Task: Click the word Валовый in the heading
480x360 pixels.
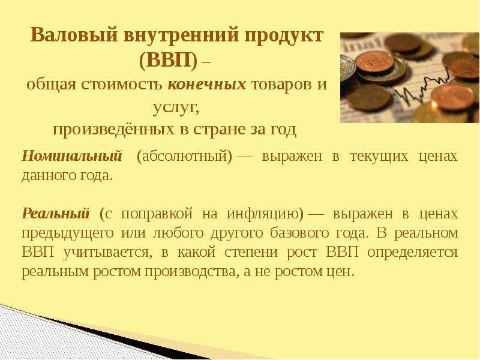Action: coord(74,35)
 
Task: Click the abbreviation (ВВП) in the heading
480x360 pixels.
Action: coord(168,61)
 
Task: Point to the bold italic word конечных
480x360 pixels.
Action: coord(206,84)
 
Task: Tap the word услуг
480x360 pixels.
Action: coord(176,108)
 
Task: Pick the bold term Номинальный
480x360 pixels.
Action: coord(72,156)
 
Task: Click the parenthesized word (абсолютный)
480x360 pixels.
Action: coord(185,157)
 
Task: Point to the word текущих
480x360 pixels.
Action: coord(379,157)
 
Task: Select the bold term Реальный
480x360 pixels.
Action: coord(56,213)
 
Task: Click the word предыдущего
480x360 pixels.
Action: coord(68,233)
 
